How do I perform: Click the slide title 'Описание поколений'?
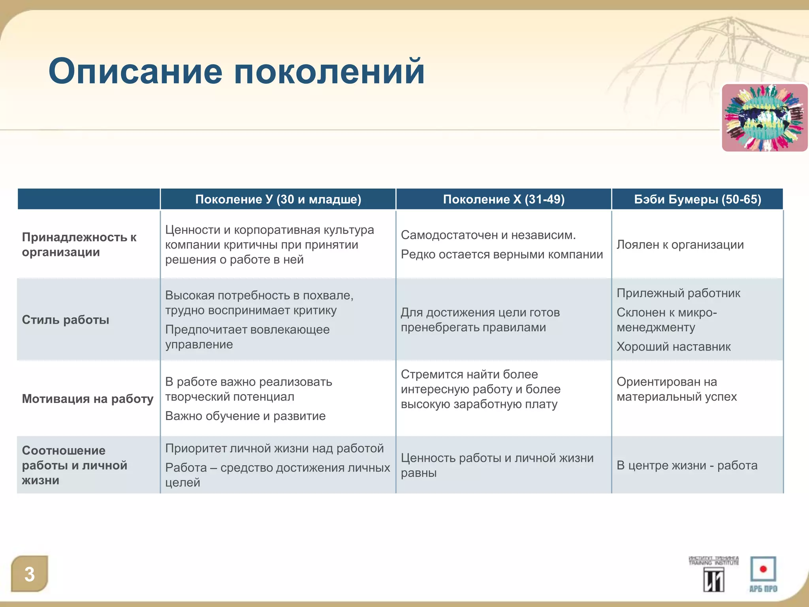236,72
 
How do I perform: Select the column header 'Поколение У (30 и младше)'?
278,199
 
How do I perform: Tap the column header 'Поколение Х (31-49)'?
504,199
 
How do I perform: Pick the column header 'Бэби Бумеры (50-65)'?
698,199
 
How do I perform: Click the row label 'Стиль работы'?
66,320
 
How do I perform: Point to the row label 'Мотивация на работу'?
88,399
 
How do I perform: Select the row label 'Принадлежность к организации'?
79,245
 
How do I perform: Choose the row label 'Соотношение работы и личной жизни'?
74,465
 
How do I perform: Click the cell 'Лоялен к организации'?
680,245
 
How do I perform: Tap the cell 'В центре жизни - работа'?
687,466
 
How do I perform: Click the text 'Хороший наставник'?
674,347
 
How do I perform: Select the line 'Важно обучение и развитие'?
245,416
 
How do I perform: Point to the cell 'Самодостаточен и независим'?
488,235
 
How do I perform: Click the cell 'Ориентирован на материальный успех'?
677,389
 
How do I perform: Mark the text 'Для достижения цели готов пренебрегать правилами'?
480,320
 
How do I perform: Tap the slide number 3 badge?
30,574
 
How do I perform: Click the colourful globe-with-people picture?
764,118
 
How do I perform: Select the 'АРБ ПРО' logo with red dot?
763,574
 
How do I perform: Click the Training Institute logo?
713,574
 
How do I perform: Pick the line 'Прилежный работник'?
678,293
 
